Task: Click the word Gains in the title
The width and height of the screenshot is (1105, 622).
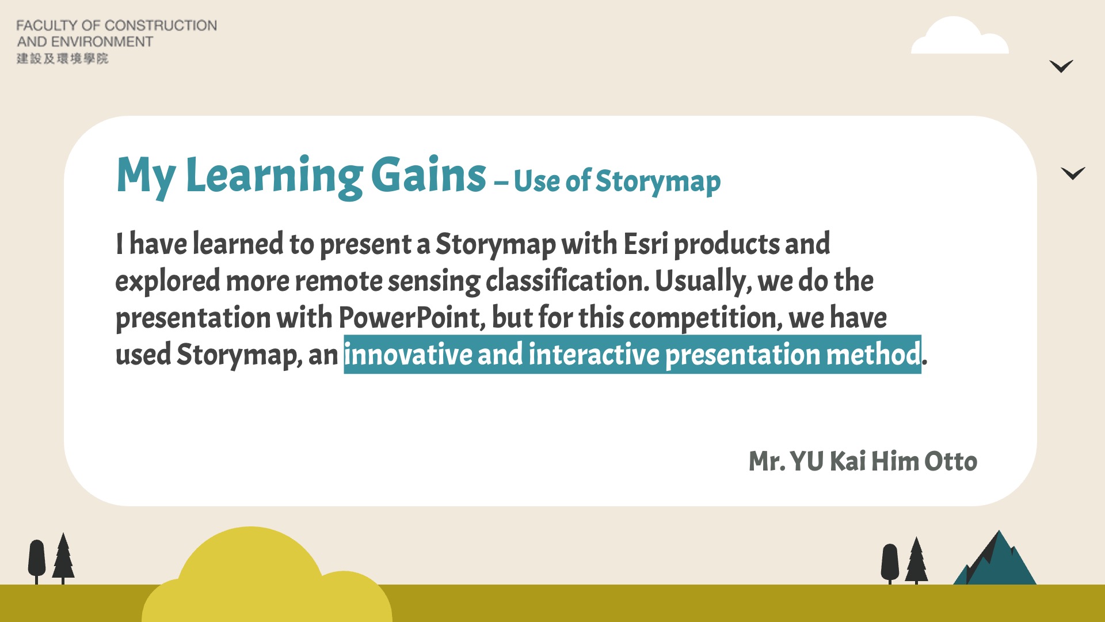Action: (x=429, y=175)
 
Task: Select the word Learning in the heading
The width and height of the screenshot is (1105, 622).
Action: (x=274, y=177)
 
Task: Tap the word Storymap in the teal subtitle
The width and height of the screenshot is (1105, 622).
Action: (x=658, y=182)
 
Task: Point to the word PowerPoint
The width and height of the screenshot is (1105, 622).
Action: (x=408, y=317)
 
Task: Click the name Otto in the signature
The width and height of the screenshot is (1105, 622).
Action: (x=951, y=461)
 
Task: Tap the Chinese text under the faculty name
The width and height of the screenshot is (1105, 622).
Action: (x=62, y=58)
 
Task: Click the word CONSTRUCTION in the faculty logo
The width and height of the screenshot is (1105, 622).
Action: (x=161, y=25)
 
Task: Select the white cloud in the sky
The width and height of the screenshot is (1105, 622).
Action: (x=960, y=36)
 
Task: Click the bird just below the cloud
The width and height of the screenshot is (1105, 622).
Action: (x=1061, y=66)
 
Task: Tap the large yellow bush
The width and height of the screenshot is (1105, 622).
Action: (x=266, y=576)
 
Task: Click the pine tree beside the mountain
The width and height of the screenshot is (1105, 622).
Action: (x=916, y=560)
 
